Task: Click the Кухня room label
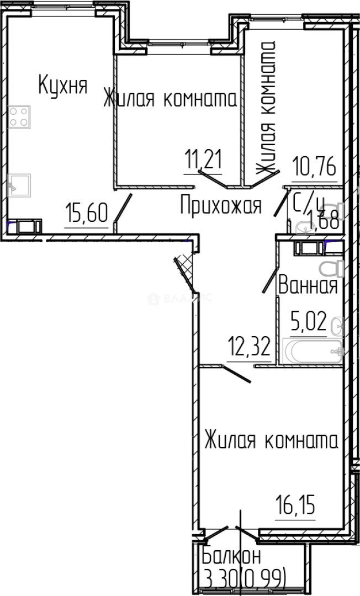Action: pyautogui.click(x=62, y=86)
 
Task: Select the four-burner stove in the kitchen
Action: pyautogui.click(x=19, y=117)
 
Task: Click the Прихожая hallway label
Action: pyautogui.click(x=220, y=206)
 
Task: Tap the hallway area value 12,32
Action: pyautogui.click(x=249, y=348)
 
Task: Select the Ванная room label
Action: pyautogui.click(x=308, y=286)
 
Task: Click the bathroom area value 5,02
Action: pyautogui.click(x=308, y=321)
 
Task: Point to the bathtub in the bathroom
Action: pyautogui.click(x=312, y=351)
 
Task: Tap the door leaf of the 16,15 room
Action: pyautogui.click(x=237, y=373)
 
